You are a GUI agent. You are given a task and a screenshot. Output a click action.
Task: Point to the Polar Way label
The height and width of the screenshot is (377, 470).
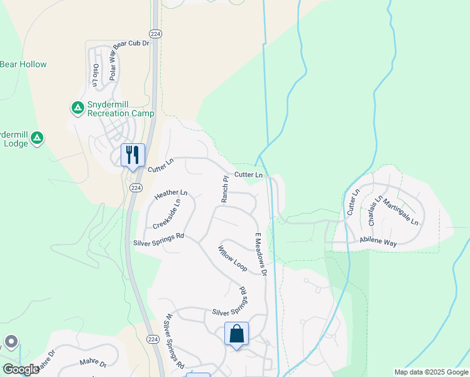coord(114,64)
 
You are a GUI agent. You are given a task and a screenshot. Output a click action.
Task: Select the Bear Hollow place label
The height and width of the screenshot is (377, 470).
coord(23,64)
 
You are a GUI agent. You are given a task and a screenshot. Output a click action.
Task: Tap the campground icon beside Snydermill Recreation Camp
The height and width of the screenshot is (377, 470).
coord(77,108)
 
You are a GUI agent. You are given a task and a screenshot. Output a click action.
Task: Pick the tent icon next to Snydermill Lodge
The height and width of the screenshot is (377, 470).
coord(37,137)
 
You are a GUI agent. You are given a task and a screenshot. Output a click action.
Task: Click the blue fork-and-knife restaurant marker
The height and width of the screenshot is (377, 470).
coord(133,155)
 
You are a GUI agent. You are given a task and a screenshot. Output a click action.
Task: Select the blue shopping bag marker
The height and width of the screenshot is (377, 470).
coord(236,333)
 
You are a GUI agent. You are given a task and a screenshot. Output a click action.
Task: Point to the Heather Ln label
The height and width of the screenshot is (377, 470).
coord(171,196)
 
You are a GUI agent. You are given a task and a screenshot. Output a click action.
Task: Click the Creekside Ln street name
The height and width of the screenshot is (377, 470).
coord(167,214)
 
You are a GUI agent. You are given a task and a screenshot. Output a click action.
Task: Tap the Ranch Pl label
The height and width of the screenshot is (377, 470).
coord(224,188)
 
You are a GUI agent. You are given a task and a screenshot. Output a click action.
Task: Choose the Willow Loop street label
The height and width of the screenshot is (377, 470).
coord(232,258)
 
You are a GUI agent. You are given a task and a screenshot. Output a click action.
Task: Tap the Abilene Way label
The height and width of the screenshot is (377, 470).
coord(378,241)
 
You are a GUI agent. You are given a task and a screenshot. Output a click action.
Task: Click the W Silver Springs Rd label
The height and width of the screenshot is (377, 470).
coord(174,341)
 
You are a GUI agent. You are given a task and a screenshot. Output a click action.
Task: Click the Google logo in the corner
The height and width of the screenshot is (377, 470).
coord(21,369)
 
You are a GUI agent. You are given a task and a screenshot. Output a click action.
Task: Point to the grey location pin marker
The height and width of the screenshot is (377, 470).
coord(11,342)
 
